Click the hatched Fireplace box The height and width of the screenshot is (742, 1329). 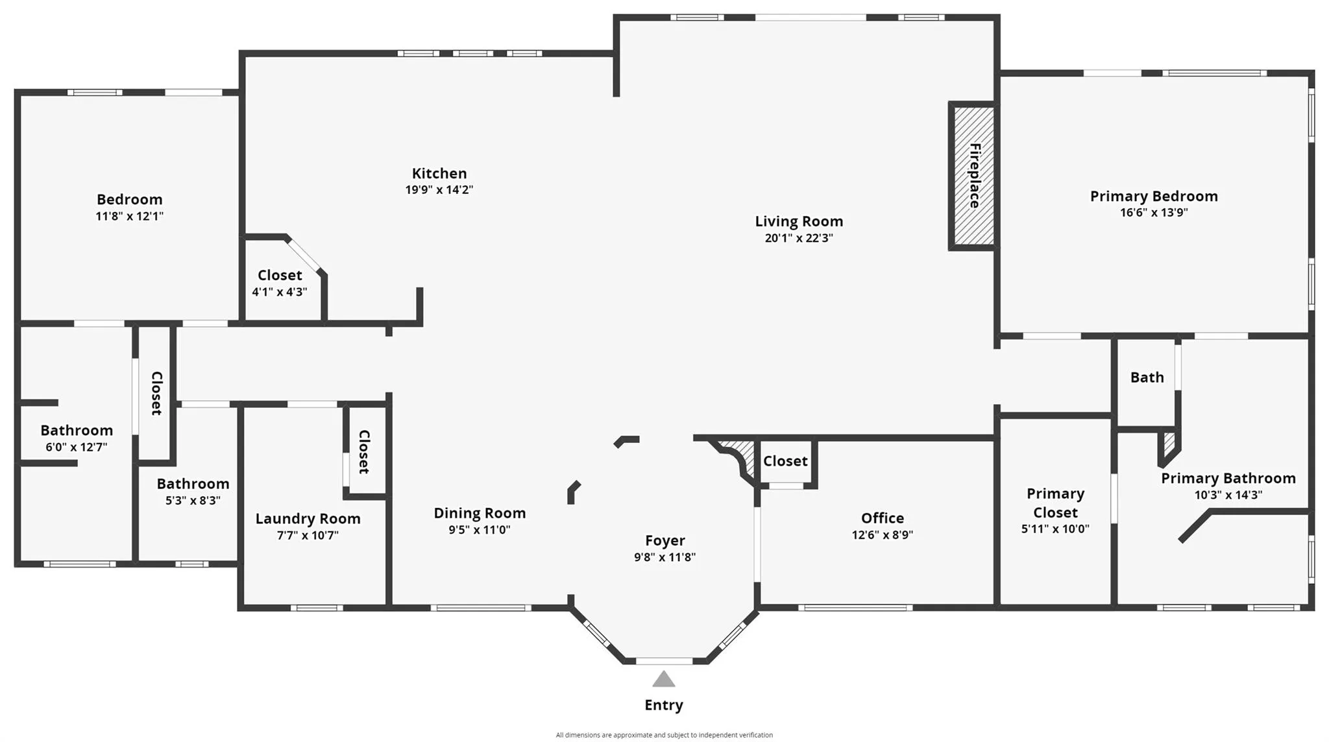tap(973, 176)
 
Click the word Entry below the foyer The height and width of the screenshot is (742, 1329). tap(663, 705)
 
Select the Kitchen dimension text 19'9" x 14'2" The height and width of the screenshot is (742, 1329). tap(439, 190)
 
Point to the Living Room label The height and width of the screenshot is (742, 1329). tap(799, 221)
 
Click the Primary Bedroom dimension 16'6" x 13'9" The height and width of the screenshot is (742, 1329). tap(1153, 213)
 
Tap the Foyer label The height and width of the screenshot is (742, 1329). tap(664, 540)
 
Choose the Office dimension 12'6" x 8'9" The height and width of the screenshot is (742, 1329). tap(882, 535)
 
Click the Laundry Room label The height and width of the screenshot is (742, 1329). tap(308, 519)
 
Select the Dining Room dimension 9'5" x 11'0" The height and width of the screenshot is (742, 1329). tap(480, 530)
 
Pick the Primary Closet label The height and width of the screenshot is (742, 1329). tap(1055, 503)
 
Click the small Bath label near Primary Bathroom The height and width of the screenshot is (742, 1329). tap(1147, 377)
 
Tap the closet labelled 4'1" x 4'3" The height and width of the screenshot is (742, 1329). tap(280, 283)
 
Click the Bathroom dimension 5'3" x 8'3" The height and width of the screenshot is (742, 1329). tap(193, 501)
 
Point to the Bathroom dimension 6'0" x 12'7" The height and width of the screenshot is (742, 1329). tap(77, 448)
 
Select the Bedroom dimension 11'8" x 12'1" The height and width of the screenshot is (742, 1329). tap(129, 217)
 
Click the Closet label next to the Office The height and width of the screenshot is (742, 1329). tap(785, 461)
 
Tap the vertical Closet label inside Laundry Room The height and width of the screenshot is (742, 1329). tap(364, 451)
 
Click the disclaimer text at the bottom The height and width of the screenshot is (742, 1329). tap(664, 735)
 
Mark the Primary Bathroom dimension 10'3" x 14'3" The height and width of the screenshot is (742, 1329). tap(1228, 495)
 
